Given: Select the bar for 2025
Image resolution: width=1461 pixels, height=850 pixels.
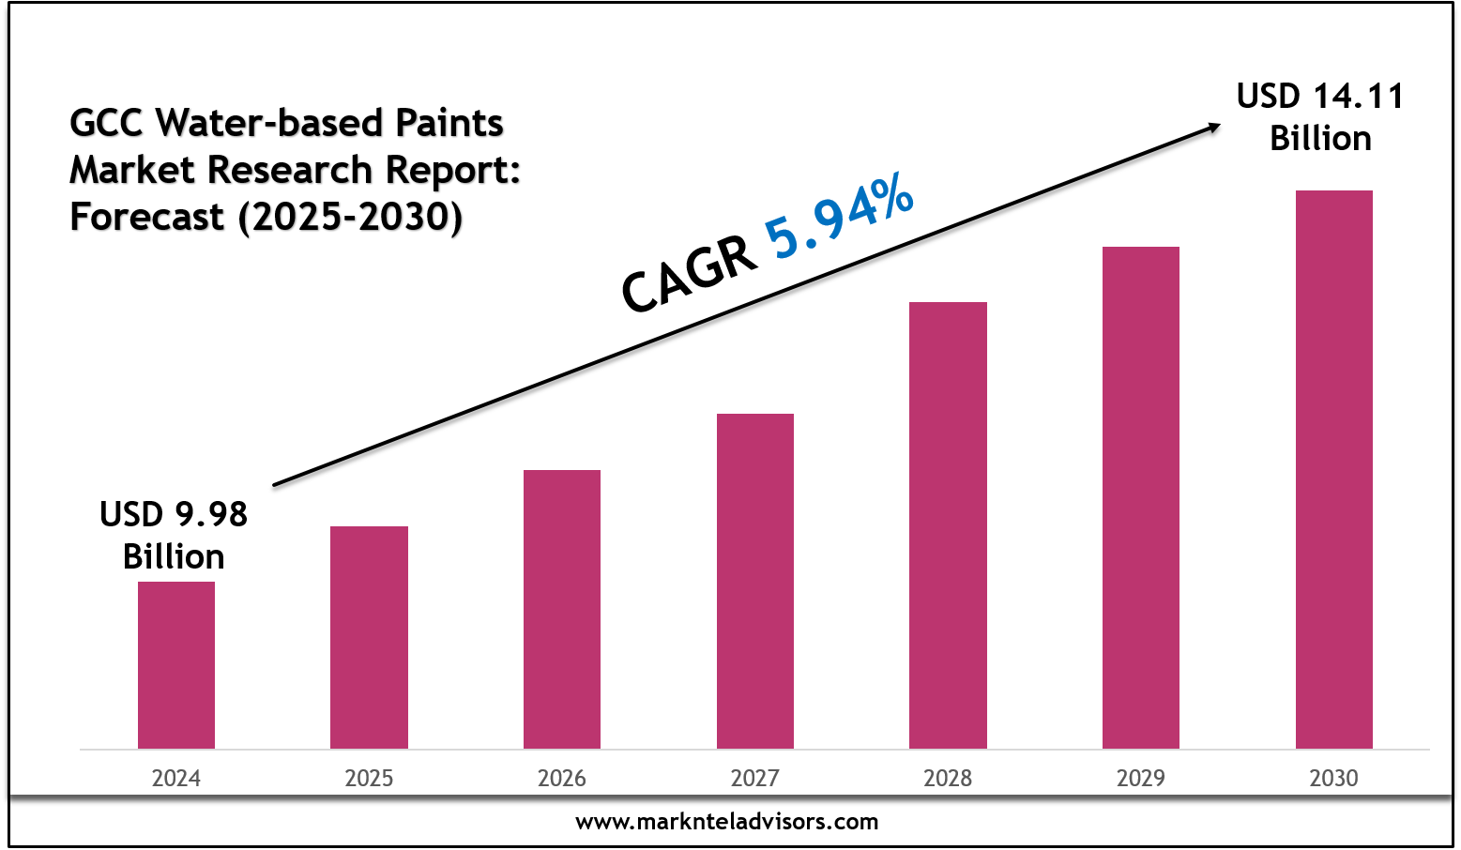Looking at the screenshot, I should pyautogui.click(x=369, y=637).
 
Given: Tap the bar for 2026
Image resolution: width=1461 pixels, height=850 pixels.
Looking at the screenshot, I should pyautogui.click(x=562, y=609).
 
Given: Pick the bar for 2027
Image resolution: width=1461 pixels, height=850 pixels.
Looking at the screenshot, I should pyautogui.click(x=755, y=581).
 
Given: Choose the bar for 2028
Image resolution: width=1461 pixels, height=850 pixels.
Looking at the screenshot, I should pyautogui.click(x=948, y=525).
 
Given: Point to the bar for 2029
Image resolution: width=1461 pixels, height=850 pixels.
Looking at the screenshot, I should pyautogui.click(x=1141, y=497).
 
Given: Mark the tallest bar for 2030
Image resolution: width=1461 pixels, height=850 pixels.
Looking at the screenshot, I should pyautogui.click(x=1333, y=469).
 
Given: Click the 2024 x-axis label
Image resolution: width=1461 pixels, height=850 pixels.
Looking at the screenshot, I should pyautogui.click(x=176, y=778).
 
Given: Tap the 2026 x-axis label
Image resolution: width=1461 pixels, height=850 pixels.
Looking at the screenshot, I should pyautogui.click(x=562, y=778).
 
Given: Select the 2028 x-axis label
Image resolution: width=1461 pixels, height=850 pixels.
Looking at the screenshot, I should pyautogui.click(x=948, y=778).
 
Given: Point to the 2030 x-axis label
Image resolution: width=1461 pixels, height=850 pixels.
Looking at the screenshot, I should pyautogui.click(x=1333, y=778).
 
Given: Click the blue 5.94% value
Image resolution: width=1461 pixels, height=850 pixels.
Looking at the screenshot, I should pyautogui.click(x=838, y=217).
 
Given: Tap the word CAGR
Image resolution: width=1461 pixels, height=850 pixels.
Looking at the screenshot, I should pyautogui.click(x=690, y=276).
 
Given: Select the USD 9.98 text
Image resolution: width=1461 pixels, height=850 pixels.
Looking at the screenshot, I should pyautogui.click(x=174, y=514).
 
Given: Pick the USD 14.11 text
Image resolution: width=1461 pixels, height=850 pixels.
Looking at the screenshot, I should pyautogui.click(x=1320, y=97).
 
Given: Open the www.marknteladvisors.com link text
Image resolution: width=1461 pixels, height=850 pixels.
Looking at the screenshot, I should pyautogui.click(x=727, y=822).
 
